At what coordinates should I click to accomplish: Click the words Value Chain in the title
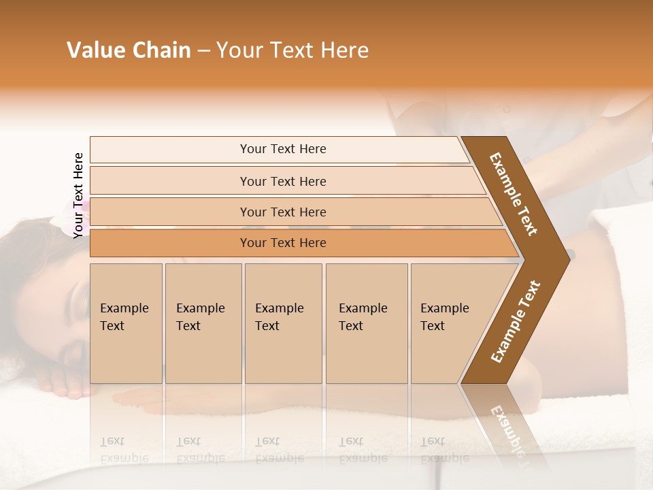[129, 50]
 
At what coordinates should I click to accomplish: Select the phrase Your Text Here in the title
[292, 50]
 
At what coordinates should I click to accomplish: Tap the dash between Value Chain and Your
[203, 51]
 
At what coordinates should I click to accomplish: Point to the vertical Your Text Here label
[78, 195]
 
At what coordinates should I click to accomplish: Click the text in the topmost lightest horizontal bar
[283, 149]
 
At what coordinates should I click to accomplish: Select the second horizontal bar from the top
[283, 181]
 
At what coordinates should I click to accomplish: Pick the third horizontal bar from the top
[283, 212]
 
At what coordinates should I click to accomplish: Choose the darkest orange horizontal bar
[283, 243]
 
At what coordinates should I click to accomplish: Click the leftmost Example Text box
[126, 323]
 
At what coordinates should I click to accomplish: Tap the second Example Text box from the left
[203, 323]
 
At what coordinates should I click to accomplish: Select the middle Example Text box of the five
[283, 323]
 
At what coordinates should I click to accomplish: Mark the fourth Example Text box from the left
[366, 323]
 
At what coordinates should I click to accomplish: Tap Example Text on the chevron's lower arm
[516, 321]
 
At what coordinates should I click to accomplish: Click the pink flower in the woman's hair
[76, 216]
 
